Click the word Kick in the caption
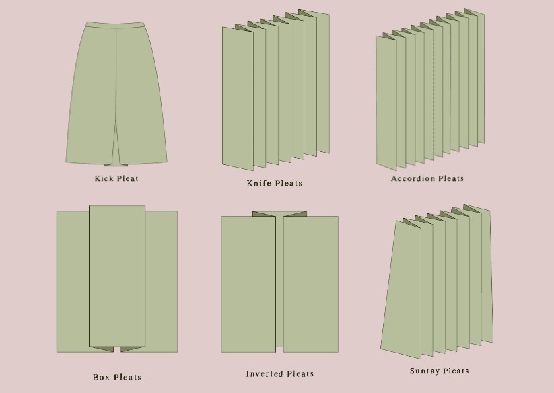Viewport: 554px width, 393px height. coord(104,178)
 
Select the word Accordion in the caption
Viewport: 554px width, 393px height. coord(413,178)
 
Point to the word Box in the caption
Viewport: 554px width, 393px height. coord(101,377)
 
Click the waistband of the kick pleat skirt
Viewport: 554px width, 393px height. coord(115,25)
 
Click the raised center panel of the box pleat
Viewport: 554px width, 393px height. coord(117,276)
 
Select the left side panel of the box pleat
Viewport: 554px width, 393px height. coord(73,281)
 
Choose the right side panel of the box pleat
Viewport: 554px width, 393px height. coord(162,281)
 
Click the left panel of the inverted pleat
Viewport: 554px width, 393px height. coord(248,284)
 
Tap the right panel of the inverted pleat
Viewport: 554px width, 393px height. coord(311,284)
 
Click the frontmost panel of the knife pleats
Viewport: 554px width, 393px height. coord(238,99)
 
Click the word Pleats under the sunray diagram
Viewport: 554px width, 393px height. coord(456,371)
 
